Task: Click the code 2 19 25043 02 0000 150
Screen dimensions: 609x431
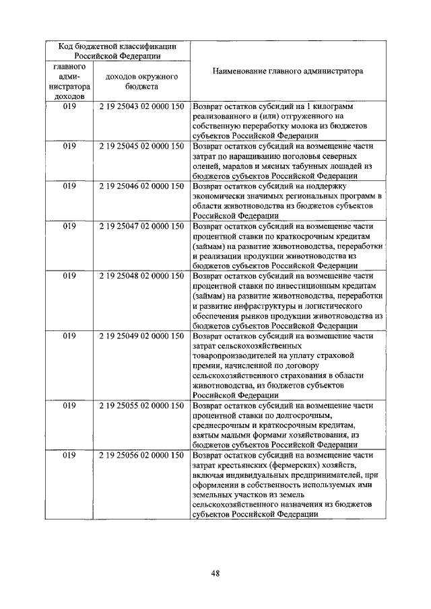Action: point(141,106)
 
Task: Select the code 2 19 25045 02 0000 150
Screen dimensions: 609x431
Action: point(141,145)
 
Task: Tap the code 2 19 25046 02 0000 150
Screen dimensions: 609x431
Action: point(141,185)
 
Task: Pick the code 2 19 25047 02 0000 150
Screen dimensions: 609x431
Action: point(141,226)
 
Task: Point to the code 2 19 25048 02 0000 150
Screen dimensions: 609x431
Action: point(141,276)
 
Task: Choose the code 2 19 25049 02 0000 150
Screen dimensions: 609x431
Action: point(141,335)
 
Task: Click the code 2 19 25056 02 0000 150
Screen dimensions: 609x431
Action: point(141,456)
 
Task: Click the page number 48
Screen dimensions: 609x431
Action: point(215,573)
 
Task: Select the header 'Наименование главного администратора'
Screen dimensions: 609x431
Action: point(288,71)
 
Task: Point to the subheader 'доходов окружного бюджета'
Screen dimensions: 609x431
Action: point(141,82)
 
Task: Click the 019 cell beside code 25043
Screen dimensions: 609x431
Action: point(69,106)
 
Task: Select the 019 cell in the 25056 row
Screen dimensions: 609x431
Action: point(69,456)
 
